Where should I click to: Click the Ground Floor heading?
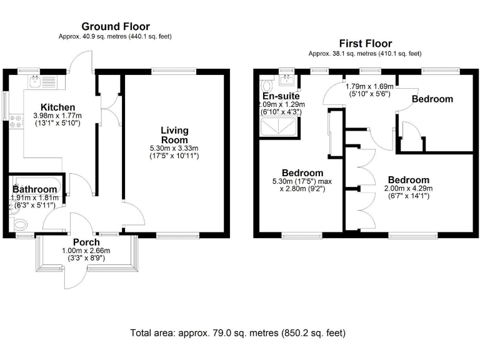coord(116,27)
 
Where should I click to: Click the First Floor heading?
coord(365,44)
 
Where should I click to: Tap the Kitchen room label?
coord(58,107)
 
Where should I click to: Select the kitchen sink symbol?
coord(35,82)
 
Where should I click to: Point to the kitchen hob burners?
coord(16,121)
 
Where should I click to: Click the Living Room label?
coord(174,135)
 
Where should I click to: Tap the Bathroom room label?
coord(34,189)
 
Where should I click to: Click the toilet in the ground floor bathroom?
coord(21,225)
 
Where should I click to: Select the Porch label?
coord(86,242)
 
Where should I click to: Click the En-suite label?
coord(281,96)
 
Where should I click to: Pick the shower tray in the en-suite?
coord(278,127)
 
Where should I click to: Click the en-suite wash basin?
coord(287,79)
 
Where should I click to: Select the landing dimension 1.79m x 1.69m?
coord(369,86)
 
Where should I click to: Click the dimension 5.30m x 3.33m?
coord(174,148)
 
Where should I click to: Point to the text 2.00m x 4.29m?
coord(408,188)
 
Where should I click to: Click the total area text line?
coord(238,332)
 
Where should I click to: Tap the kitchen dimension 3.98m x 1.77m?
coord(57,116)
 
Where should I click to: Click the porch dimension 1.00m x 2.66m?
coord(86,251)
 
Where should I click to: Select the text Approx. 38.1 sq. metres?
coord(342,54)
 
